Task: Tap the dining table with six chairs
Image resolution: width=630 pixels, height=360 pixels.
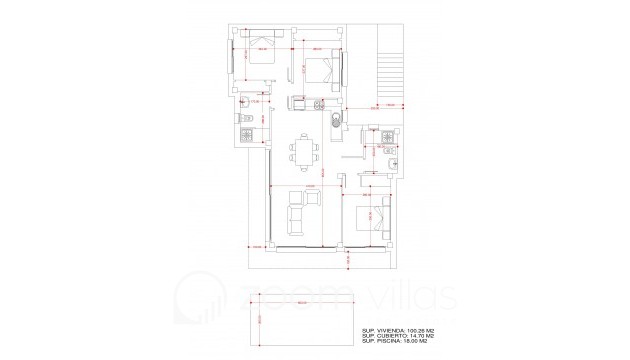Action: pos(306,151)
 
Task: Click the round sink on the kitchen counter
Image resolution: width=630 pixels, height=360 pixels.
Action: pos(336,121)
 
